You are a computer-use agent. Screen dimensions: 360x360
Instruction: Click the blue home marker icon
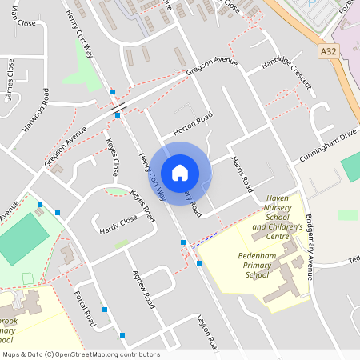pos(180,173)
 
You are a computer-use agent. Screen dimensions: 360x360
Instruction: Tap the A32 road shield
pos(328,50)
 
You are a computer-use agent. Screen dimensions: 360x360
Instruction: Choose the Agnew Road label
pos(143,288)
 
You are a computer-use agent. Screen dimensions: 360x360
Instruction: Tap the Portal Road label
pos(85,308)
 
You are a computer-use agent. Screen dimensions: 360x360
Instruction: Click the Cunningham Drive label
pos(329,144)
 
